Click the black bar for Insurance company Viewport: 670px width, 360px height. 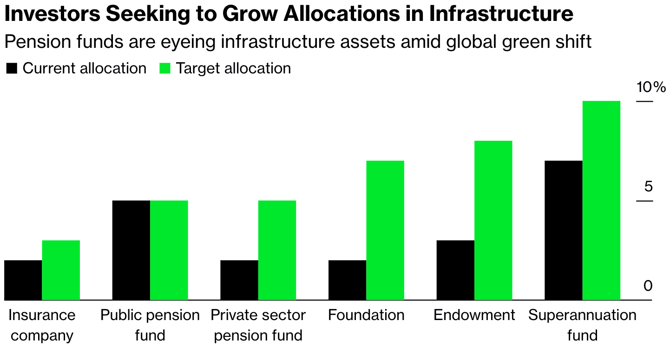pos(23,280)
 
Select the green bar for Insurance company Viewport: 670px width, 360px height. pos(61,270)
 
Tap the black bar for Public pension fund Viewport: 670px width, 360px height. pos(131,250)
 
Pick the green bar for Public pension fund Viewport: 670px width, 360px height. pos(169,250)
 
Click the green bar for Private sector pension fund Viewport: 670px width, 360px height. pos(277,250)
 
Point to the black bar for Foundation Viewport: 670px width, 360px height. pos(347,280)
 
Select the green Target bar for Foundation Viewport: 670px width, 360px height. pos(385,230)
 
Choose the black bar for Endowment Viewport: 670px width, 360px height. pos(455,270)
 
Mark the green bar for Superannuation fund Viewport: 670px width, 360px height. pos(601,200)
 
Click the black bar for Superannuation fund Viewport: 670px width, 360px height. pos(563,230)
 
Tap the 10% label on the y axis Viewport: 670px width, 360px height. pos(651,87)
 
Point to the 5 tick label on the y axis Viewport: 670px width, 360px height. pos(648,187)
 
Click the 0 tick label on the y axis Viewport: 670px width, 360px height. pos(648,286)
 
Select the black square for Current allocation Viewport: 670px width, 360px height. pos(12,69)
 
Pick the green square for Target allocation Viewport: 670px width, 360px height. pos(165,69)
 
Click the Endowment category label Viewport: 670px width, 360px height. pos(474,315)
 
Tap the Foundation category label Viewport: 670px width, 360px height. pos(366,315)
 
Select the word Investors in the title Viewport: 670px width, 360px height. pos(52,15)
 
